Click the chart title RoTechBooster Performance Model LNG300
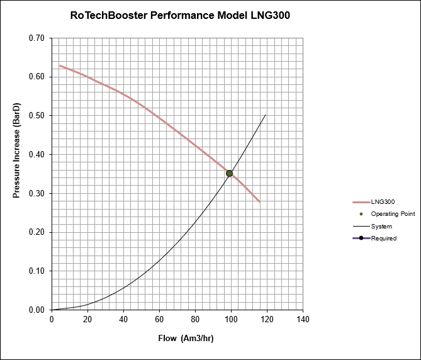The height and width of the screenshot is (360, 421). click(x=180, y=15)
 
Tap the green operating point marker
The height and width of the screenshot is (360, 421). click(x=230, y=173)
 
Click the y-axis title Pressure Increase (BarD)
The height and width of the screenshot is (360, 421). click(x=18, y=150)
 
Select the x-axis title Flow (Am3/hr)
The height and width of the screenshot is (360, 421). click(x=186, y=339)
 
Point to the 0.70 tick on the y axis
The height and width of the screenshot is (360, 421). click(x=36, y=38)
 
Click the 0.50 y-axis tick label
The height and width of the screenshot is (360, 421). click(x=36, y=116)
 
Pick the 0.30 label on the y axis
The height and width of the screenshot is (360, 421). click(x=36, y=194)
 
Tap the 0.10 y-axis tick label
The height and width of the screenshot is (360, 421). click(x=36, y=271)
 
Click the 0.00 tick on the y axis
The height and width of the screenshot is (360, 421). click(x=36, y=310)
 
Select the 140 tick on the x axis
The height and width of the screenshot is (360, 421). click(x=303, y=319)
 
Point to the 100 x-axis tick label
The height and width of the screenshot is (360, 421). click(x=231, y=319)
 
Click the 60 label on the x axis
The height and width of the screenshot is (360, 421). click(x=159, y=319)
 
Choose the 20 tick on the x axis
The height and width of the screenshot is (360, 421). click(x=87, y=319)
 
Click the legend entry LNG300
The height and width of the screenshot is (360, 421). click(x=382, y=202)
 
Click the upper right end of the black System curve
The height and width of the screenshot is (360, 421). click(x=266, y=115)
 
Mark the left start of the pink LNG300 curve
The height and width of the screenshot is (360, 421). click(x=60, y=65)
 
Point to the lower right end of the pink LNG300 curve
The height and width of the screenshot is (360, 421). click(x=260, y=201)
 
